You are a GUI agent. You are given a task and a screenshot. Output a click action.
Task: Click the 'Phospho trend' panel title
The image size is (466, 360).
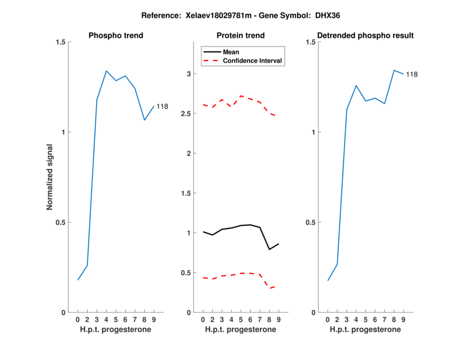[x=116, y=36]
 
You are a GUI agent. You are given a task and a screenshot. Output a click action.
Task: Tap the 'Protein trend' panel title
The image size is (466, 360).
[x=241, y=36]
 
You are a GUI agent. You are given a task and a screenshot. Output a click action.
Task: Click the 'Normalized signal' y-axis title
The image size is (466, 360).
[x=50, y=177]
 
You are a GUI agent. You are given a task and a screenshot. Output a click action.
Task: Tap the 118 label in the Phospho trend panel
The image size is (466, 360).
[x=162, y=107]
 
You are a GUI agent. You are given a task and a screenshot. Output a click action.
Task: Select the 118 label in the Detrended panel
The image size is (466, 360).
[x=412, y=74]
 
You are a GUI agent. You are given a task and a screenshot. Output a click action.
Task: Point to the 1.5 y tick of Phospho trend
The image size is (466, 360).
[x=60, y=42]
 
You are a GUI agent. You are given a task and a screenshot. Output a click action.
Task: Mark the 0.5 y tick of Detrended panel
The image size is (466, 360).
[x=310, y=222]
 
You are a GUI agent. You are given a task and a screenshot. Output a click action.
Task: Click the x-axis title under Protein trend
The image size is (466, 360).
[x=241, y=330]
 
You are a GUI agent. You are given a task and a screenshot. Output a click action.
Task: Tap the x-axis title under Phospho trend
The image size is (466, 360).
[x=116, y=330]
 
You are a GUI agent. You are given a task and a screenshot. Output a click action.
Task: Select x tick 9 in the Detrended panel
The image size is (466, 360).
[x=403, y=320]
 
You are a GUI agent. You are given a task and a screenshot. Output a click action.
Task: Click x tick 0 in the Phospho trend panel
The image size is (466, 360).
[x=78, y=320]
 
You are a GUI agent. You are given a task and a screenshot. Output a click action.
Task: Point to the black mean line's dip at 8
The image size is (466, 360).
[x=269, y=249]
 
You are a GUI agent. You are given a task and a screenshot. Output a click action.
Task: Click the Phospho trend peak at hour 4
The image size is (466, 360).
[x=107, y=71]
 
